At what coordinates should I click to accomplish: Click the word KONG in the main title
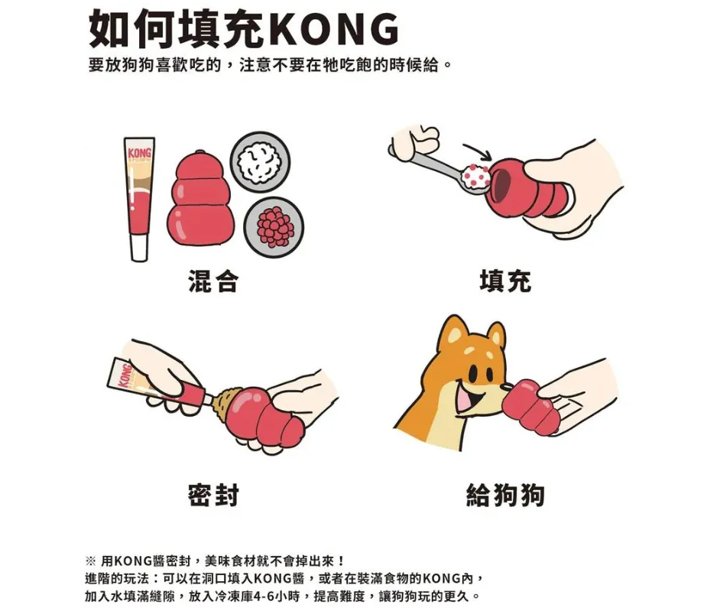(x=335, y=29)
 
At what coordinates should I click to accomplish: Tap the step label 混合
(x=212, y=281)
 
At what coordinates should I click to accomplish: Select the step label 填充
(x=505, y=281)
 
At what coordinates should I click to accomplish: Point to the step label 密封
(x=212, y=495)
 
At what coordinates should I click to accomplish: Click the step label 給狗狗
(x=505, y=495)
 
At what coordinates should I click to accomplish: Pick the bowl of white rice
(x=261, y=162)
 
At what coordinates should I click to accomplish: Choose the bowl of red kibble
(x=274, y=227)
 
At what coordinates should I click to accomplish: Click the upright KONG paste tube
(x=139, y=199)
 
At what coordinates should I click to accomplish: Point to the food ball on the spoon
(x=476, y=176)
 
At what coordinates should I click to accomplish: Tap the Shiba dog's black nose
(x=505, y=387)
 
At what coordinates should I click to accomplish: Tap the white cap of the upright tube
(x=138, y=248)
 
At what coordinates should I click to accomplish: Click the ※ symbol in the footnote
(x=89, y=561)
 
